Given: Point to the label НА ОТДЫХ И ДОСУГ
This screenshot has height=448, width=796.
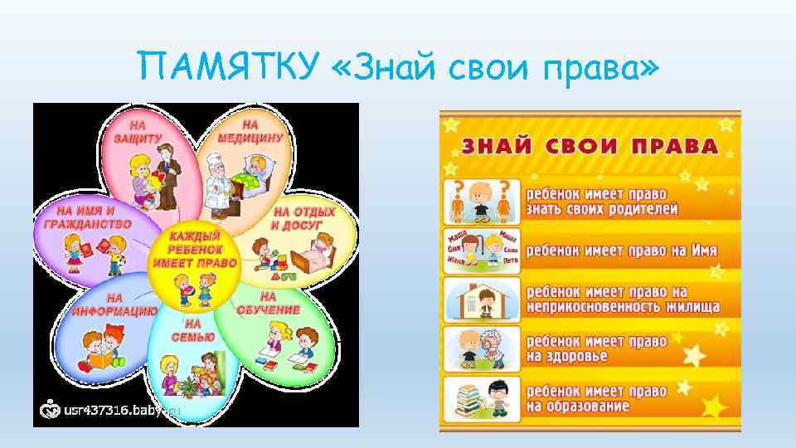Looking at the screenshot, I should point(303,218).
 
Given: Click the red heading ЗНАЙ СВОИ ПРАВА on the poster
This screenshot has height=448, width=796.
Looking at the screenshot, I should point(590,147).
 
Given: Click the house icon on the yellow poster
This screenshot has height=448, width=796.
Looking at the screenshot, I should point(483,298).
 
